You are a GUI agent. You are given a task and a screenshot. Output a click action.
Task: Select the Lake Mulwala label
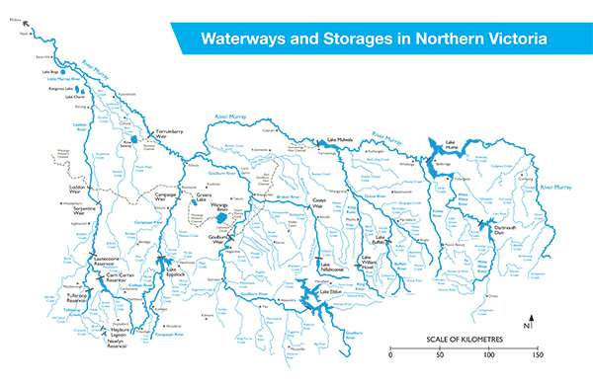pos(340,141)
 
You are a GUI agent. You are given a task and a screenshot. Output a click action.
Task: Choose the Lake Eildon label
pos(330,293)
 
